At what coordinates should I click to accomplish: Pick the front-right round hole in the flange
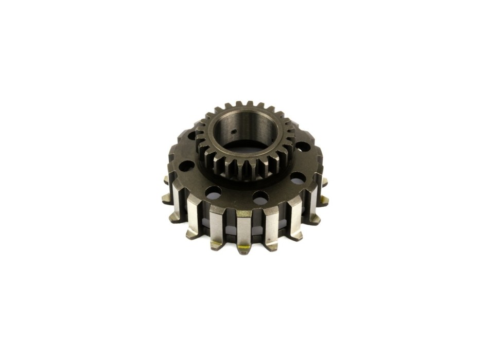coord(260,197)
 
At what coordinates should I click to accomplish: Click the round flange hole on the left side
coord(187,166)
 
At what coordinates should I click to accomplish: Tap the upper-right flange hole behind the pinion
coord(304,147)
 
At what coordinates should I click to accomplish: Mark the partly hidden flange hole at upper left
coord(193,136)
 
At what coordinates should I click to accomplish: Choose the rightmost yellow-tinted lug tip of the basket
coord(324,200)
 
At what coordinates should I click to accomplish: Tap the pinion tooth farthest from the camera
coord(249,104)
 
